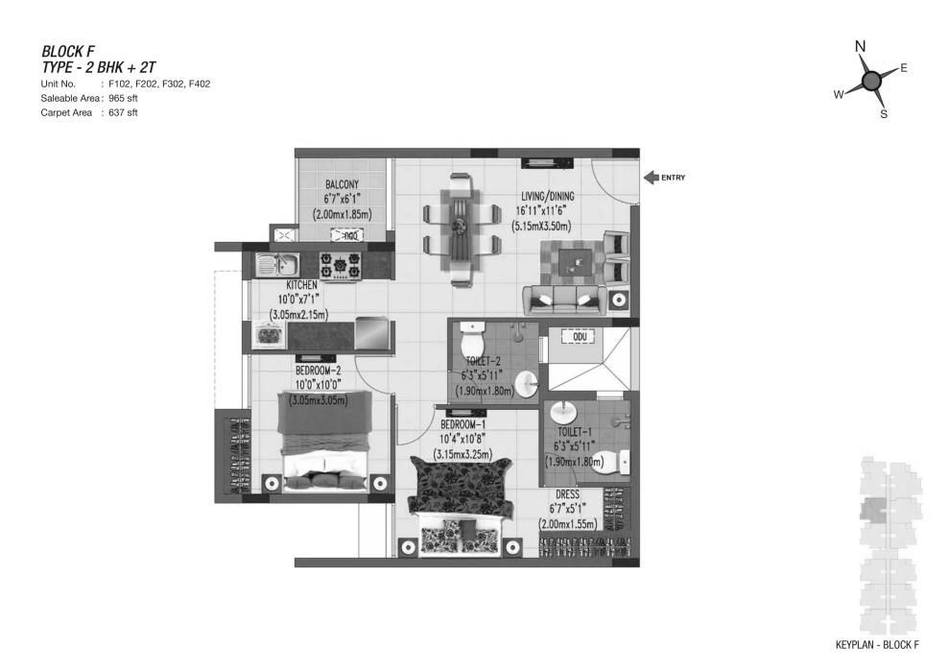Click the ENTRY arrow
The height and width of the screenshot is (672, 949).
pos(651,178)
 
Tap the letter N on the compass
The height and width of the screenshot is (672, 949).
pos(860,47)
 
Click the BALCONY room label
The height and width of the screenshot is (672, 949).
pos(342,184)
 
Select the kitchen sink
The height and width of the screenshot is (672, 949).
pos(277,265)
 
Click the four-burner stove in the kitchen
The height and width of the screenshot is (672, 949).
pos(341,265)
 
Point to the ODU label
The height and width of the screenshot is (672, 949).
pos(580,337)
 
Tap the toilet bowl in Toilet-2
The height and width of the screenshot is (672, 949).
pos(472,340)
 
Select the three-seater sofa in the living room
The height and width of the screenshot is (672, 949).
pos(564,300)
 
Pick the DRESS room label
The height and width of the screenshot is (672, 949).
pos(567,494)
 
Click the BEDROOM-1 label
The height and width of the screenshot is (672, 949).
pos(463,425)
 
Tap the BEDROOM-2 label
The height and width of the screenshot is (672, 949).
pos(319,371)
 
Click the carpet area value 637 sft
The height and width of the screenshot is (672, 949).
pos(123,112)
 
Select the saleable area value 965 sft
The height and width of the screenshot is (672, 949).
pos(123,98)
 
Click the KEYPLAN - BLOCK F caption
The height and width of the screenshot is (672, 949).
pos(877,645)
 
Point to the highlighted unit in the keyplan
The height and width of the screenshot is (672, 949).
pos(872,510)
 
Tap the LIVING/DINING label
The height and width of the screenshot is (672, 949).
pos(548,196)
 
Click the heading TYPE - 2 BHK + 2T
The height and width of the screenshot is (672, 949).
pos(99,67)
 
